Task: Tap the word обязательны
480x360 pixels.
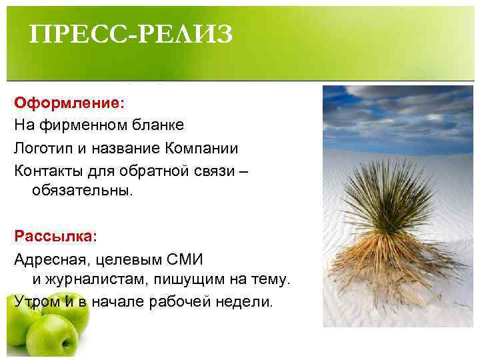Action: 83,191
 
